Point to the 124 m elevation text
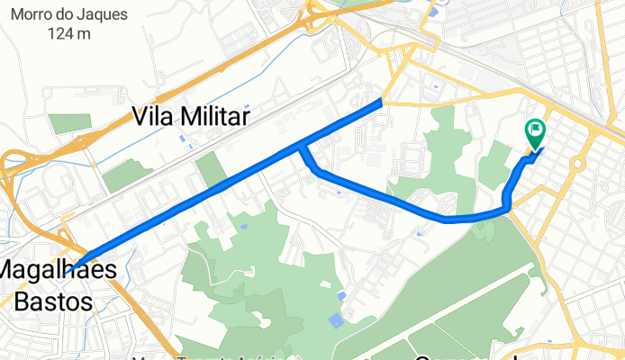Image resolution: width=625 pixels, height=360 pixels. [70, 34]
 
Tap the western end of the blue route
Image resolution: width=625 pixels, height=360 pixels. [68, 269]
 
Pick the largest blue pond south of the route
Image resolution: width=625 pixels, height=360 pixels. [336, 319]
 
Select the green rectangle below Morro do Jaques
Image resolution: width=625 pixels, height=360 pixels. [64, 123]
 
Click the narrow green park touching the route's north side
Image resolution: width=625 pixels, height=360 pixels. [211, 169]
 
